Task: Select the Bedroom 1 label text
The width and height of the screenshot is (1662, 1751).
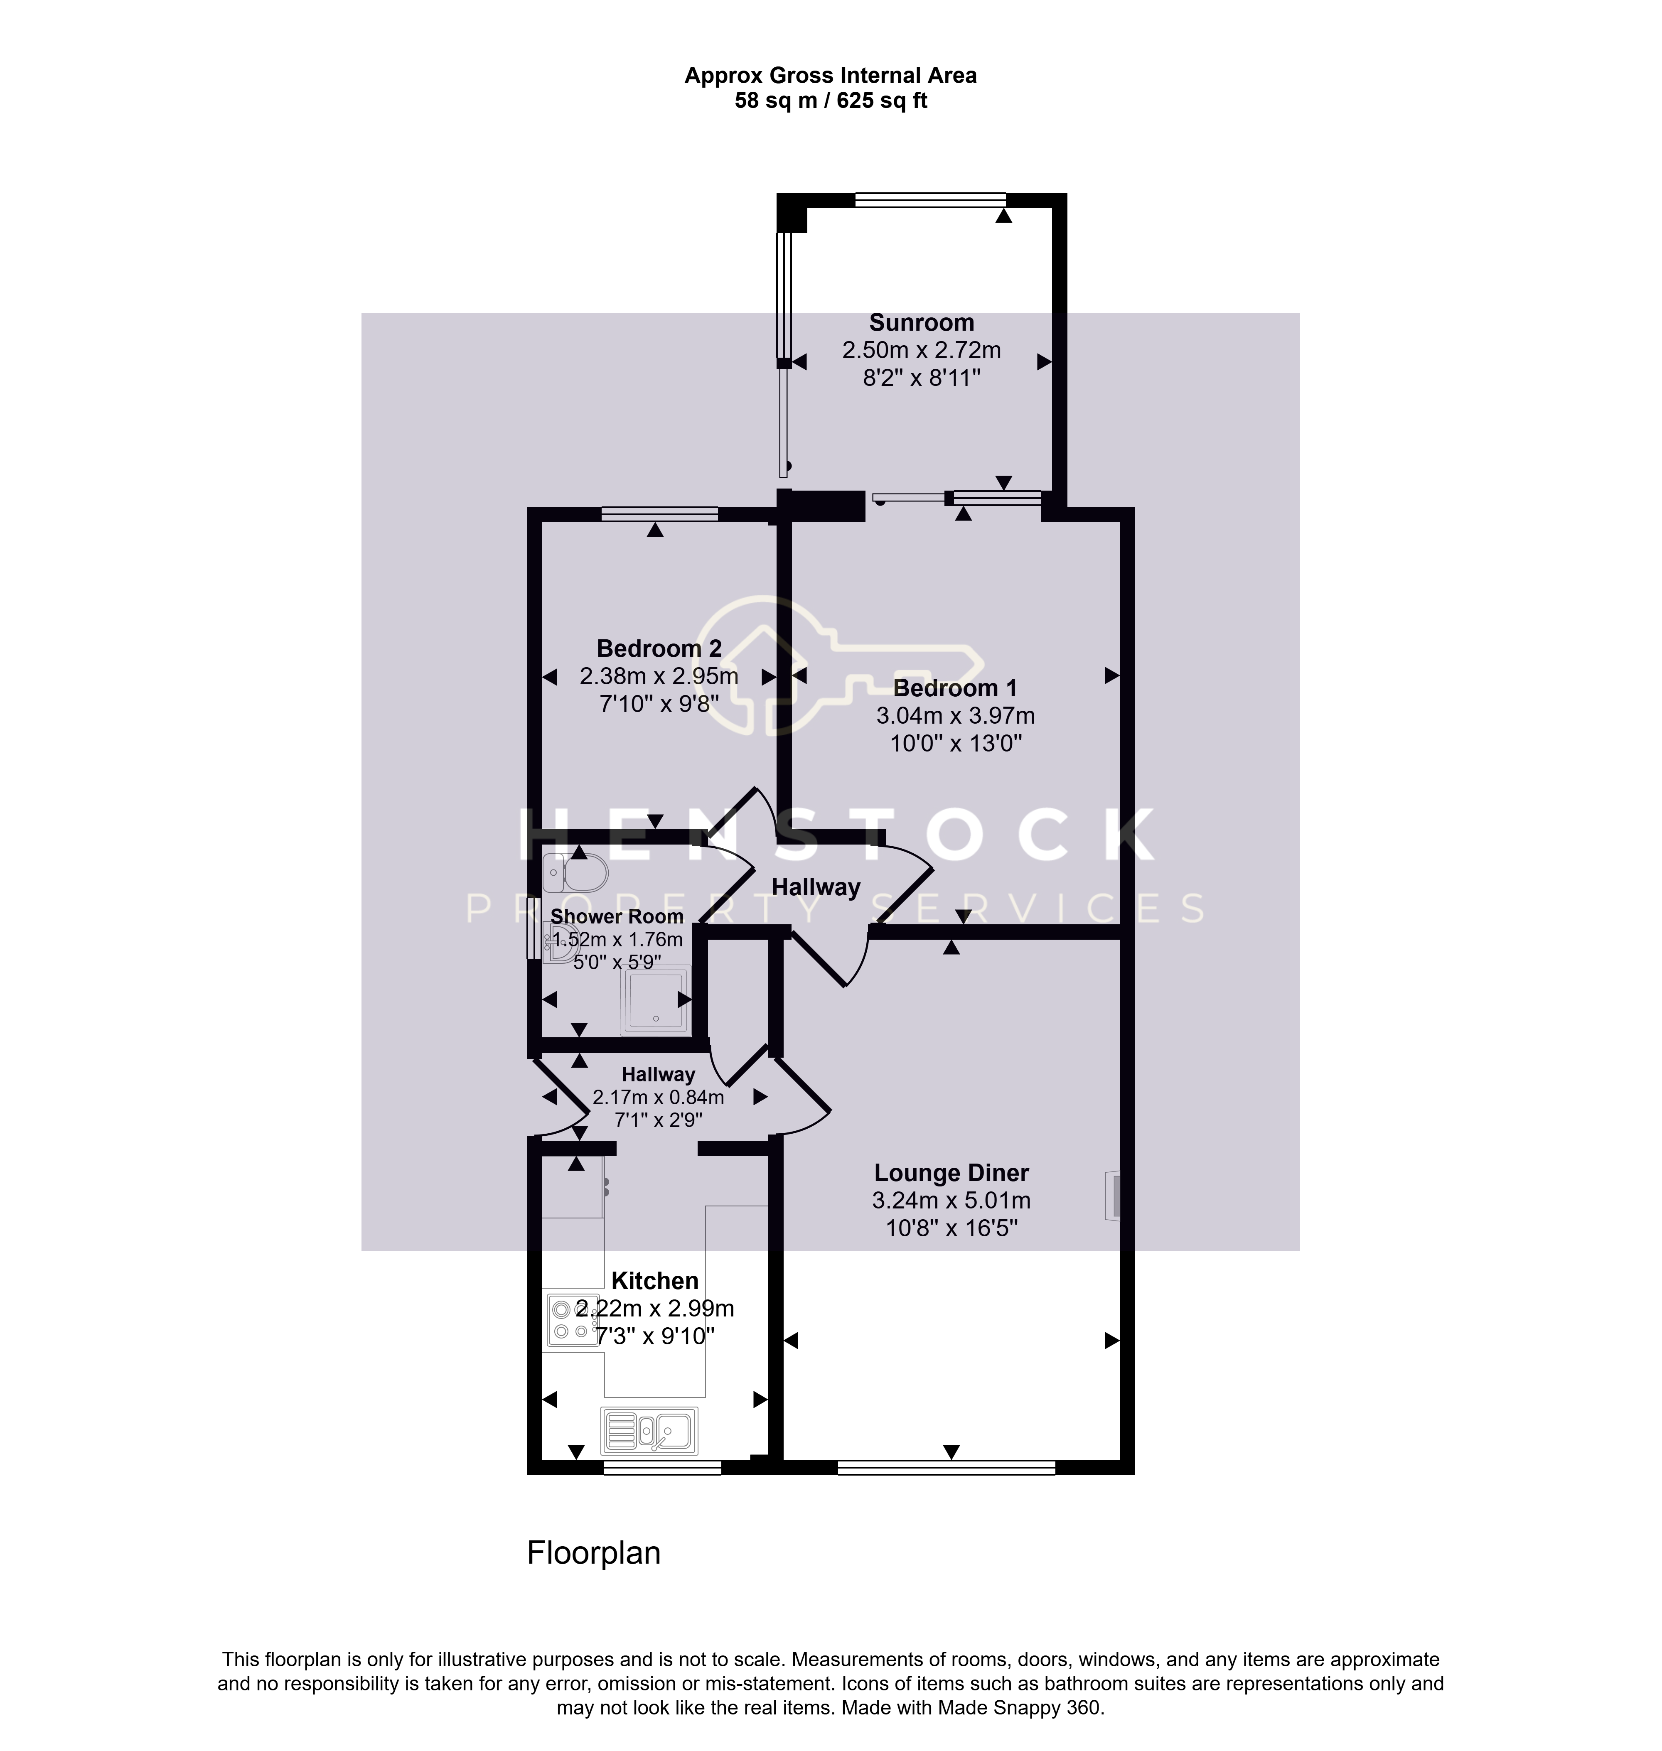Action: point(955,688)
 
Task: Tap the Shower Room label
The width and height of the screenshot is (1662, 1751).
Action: point(617,917)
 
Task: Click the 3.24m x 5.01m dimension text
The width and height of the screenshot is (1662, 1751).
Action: point(951,1201)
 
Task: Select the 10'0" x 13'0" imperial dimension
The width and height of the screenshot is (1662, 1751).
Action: point(956,743)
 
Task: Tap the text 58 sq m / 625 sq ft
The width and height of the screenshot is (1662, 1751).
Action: point(831,101)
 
